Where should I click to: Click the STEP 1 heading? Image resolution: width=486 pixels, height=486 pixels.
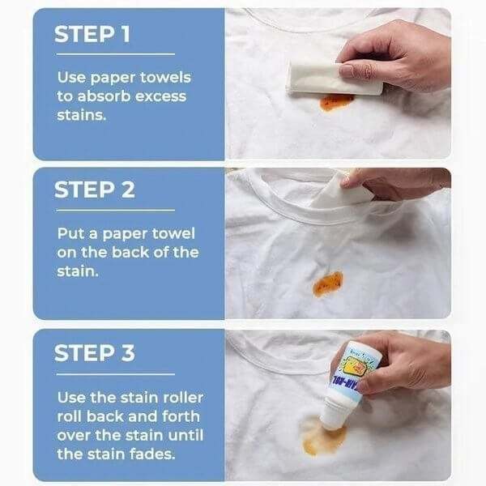pyautogui.click(x=94, y=35)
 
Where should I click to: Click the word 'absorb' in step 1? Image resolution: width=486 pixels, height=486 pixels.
pyautogui.click(x=100, y=96)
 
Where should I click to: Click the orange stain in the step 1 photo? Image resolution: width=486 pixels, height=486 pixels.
pyautogui.click(x=336, y=101)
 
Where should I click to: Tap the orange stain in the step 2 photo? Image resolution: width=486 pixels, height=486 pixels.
pyautogui.click(x=328, y=283)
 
